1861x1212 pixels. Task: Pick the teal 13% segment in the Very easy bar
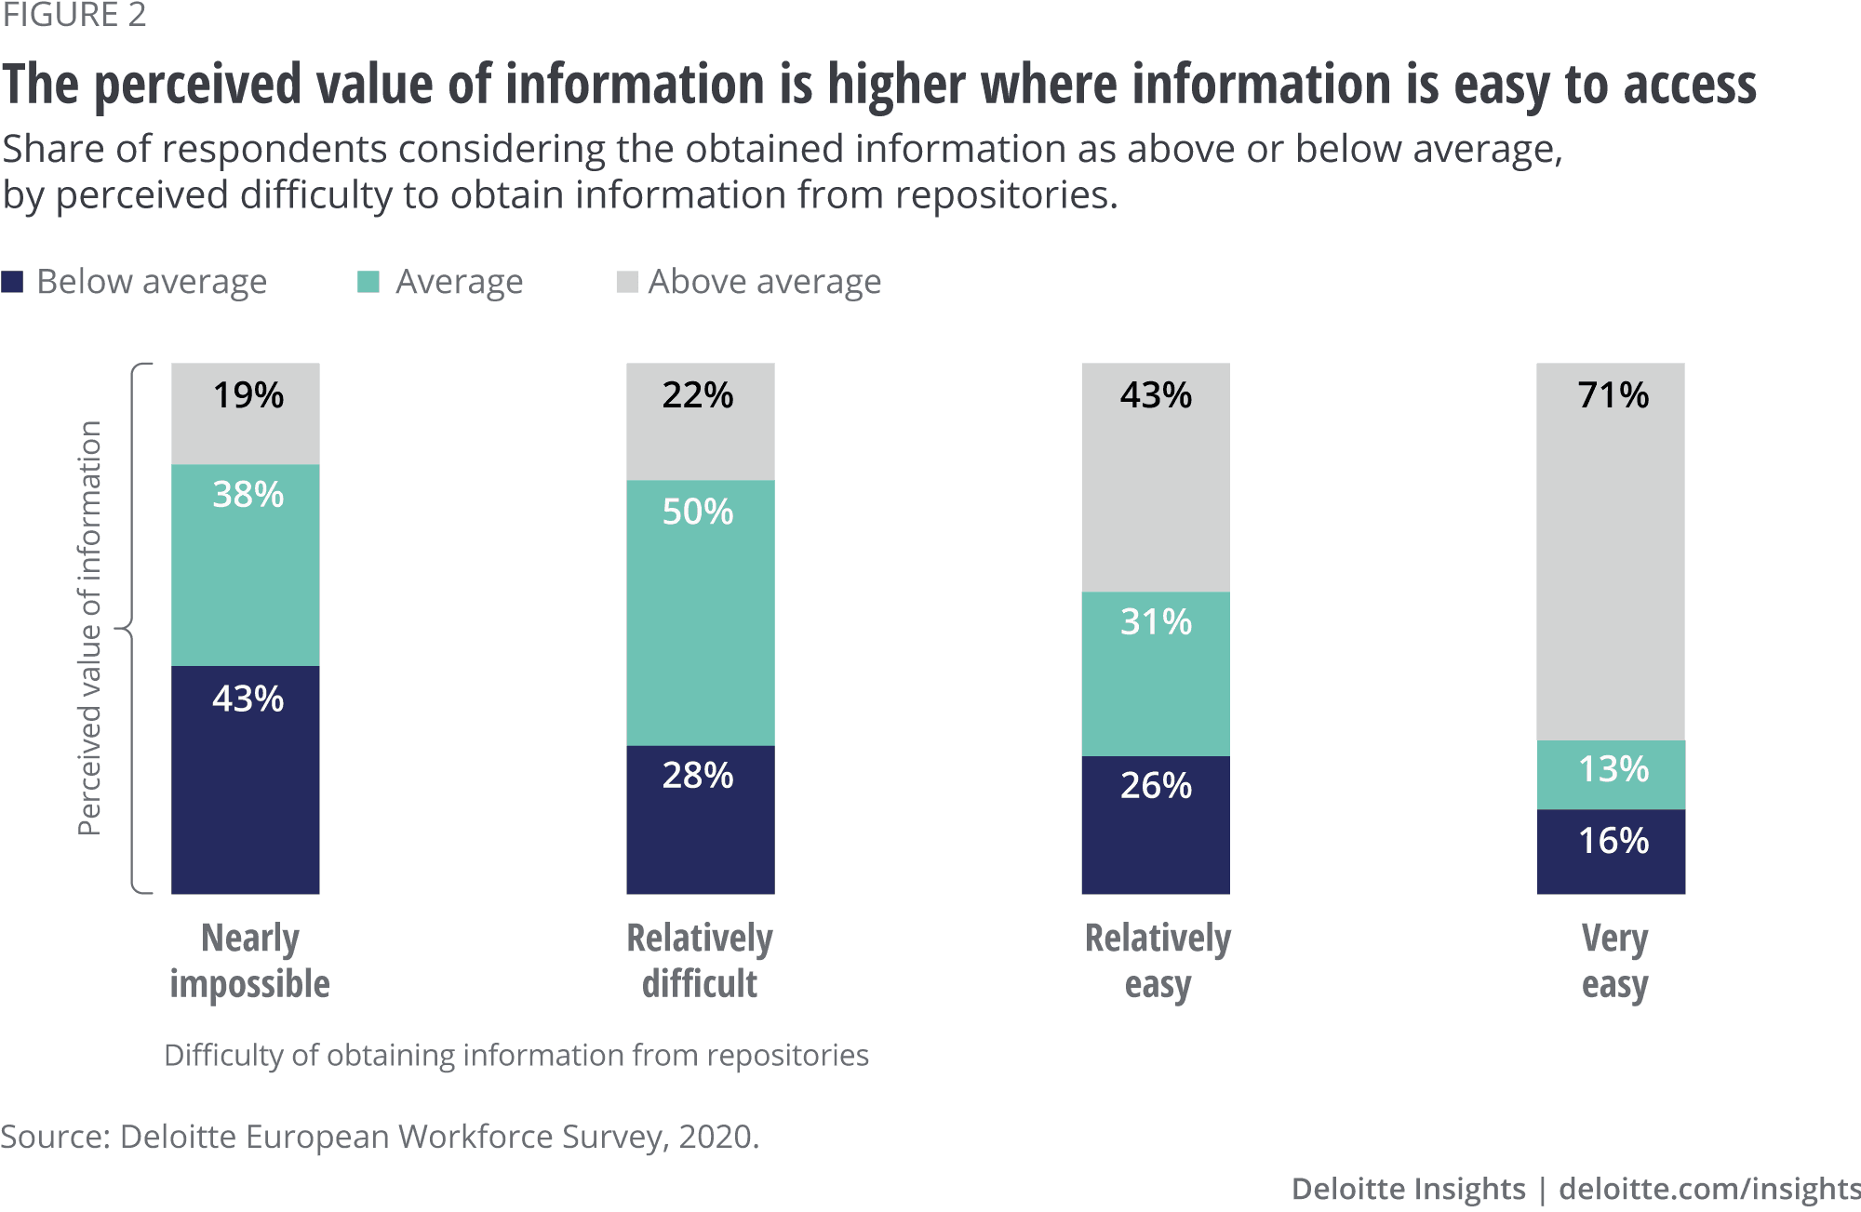pyautogui.click(x=1611, y=775)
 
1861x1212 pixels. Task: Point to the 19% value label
pyautogui.click(x=248, y=395)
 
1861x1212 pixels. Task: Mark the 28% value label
pyautogui.click(x=698, y=775)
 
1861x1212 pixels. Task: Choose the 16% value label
pyautogui.click(x=1613, y=841)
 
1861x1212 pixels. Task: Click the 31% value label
pyautogui.click(x=1156, y=621)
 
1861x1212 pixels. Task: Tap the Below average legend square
pyautogui.click(x=12, y=282)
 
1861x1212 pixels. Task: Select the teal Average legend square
pyautogui.click(x=368, y=282)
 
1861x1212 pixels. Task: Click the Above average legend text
pyautogui.click(x=764, y=282)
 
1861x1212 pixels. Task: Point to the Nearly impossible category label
pyautogui.click(x=249, y=961)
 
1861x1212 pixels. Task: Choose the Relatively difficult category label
pyautogui.click(x=700, y=961)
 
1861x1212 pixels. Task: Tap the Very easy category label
pyautogui.click(x=1614, y=961)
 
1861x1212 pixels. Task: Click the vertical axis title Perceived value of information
pyautogui.click(x=89, y=628)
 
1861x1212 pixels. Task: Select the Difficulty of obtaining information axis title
pyautogui.click(x=516, y=1055)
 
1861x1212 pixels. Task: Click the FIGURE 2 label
pyautogui.click(x=74, y=15)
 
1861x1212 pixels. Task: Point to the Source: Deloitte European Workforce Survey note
pyautogui.click(x=380, y=1137)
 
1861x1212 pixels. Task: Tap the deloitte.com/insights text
pyautogui.click(x=1708, y=1189)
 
